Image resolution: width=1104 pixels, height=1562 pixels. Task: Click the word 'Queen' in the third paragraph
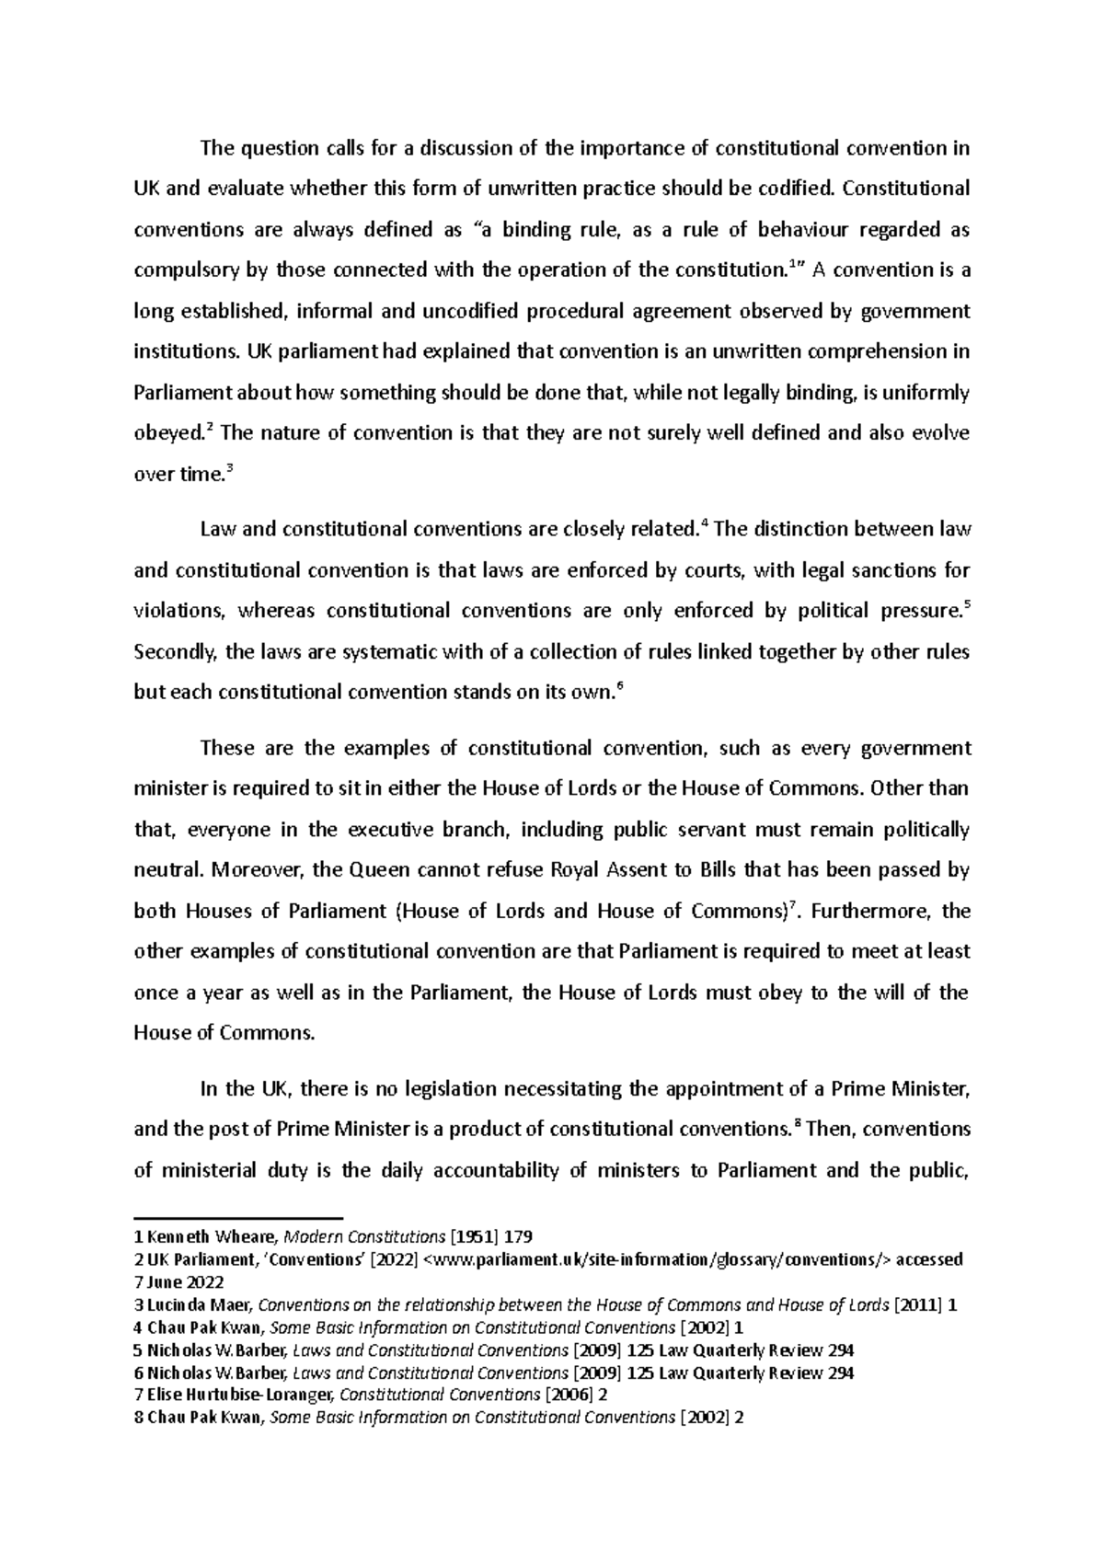[382, 869]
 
